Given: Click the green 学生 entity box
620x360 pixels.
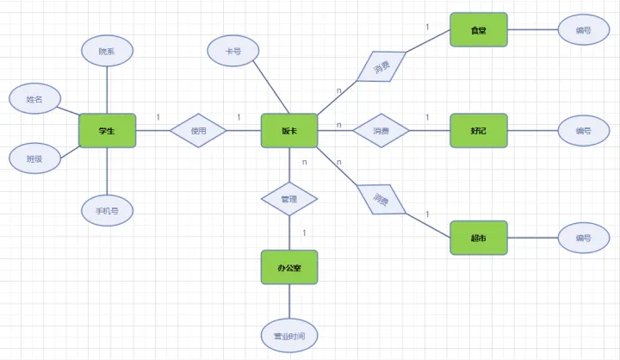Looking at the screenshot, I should (x=107, y=131).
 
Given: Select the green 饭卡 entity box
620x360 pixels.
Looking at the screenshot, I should (x=289, y=131).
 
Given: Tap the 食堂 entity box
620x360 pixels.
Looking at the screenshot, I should (x=479, y=30).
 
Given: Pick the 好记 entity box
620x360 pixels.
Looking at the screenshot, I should (x=479, y=131).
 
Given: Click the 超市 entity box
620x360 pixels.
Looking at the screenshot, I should (x=478, y=238).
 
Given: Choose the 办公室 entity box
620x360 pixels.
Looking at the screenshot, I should (x=289, y=267).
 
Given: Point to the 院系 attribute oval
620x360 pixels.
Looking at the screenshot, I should (x=107, y=52).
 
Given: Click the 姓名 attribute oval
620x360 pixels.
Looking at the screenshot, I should (x=34, y=100).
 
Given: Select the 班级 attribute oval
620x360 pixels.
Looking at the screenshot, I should (x=34, y=158).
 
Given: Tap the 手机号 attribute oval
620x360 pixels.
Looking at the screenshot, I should (x=107, y=208).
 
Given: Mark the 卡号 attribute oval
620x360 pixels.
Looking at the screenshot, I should (x=232, y=52).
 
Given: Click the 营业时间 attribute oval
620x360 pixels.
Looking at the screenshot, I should (x=289, y=334).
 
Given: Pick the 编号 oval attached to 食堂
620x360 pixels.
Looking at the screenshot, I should (x=583, y=30).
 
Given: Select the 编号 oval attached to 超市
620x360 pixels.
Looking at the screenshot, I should (x=583, y=238).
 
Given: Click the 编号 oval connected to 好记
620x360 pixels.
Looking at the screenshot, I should (x=583, y=131).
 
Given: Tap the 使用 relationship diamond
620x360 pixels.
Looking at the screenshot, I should (x=198, y=131).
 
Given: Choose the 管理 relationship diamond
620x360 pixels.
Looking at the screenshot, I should (x=289, y=199).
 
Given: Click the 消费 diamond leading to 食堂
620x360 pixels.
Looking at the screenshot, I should (x=381, y=65).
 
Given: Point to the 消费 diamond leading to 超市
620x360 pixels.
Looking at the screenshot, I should (x=381, y=200).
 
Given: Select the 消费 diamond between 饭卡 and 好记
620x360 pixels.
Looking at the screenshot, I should (x=381, y=131).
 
